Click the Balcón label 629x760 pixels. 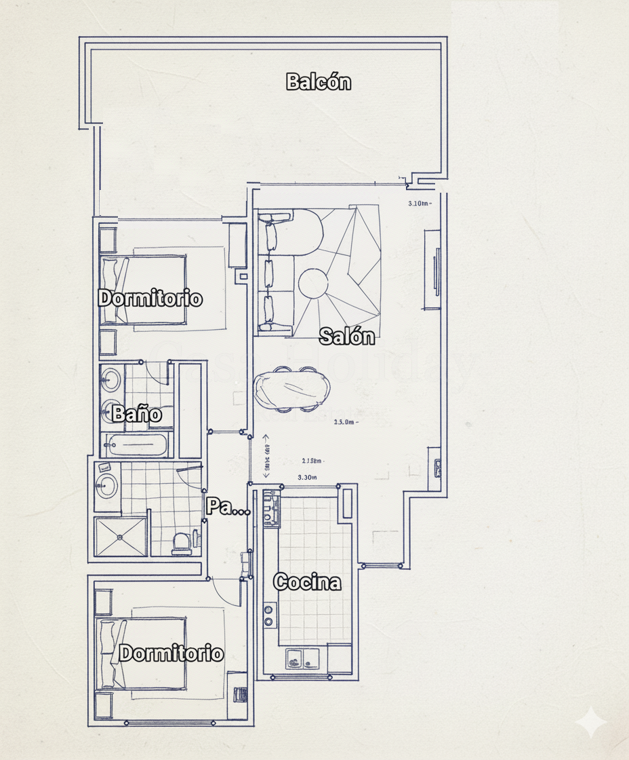pyautogui.click(x=319, y=81)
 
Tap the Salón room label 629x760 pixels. pyautogui.click(x=346, y=335)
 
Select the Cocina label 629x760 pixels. pyautogui.click(x=306, y=582)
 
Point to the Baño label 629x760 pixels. pyautogui.click(x=137, y=413)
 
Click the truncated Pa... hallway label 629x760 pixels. pyautogui.click(x=227, y=506)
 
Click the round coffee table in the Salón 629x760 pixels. pyautogui.click(x=314, y=284)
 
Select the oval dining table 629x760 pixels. pyautogui.click(x=292, y=389)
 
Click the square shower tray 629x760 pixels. pyautogui.click(x=121, y=537)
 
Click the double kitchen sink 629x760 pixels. pyautogui.click(x=302, y=657)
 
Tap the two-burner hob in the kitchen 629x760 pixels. pyautogui.click(x=269, y=615)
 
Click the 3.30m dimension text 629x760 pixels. pyautogui.click(x=307, y=477)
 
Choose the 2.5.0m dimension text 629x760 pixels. pyautogui.click(x=345, y=421)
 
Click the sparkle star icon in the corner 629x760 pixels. pyautogui.click(x=590, y=722)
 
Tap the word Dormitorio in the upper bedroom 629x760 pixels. pyautogui.click(x=150, y=298)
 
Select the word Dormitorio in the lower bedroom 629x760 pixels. pyautogui.click(x=171, y=653)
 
